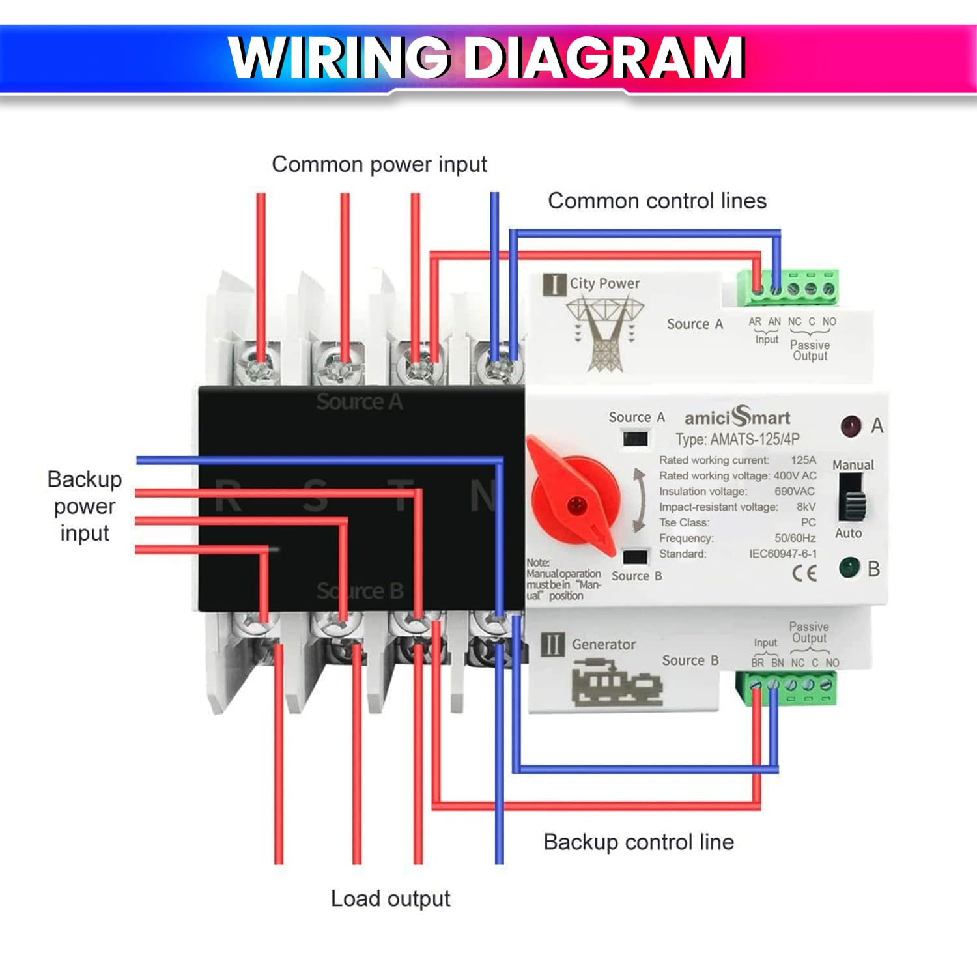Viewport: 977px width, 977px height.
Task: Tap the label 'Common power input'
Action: (x=379, y=164)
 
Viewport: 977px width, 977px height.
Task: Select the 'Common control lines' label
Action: (x=657, y=201)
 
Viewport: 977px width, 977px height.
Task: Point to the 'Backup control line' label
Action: (x=638, y=842)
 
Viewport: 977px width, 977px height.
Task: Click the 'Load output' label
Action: (x=390, y=899)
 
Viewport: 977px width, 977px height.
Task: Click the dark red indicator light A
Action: (x=851, y=426)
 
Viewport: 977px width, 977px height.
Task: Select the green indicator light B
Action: (x=849, y=567)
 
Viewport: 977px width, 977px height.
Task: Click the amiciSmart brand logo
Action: (x=737, y=417)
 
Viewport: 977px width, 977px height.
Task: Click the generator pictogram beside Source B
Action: (x=616, y=683)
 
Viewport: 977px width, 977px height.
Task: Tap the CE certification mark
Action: (x=804, y=573)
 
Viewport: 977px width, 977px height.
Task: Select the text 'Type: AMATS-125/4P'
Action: (x=737, y=440)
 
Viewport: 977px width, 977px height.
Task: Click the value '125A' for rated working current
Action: (x=803, y=460)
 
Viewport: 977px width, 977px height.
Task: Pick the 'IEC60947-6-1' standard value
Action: (x=782, y=554)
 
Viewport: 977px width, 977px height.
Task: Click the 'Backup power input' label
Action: (x=85, y=506)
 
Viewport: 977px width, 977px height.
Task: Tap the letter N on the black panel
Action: (x=484, y=496)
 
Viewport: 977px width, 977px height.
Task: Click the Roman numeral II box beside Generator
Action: (x=553, y=644)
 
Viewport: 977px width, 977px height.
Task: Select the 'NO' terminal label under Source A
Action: (x=828, y=322)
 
